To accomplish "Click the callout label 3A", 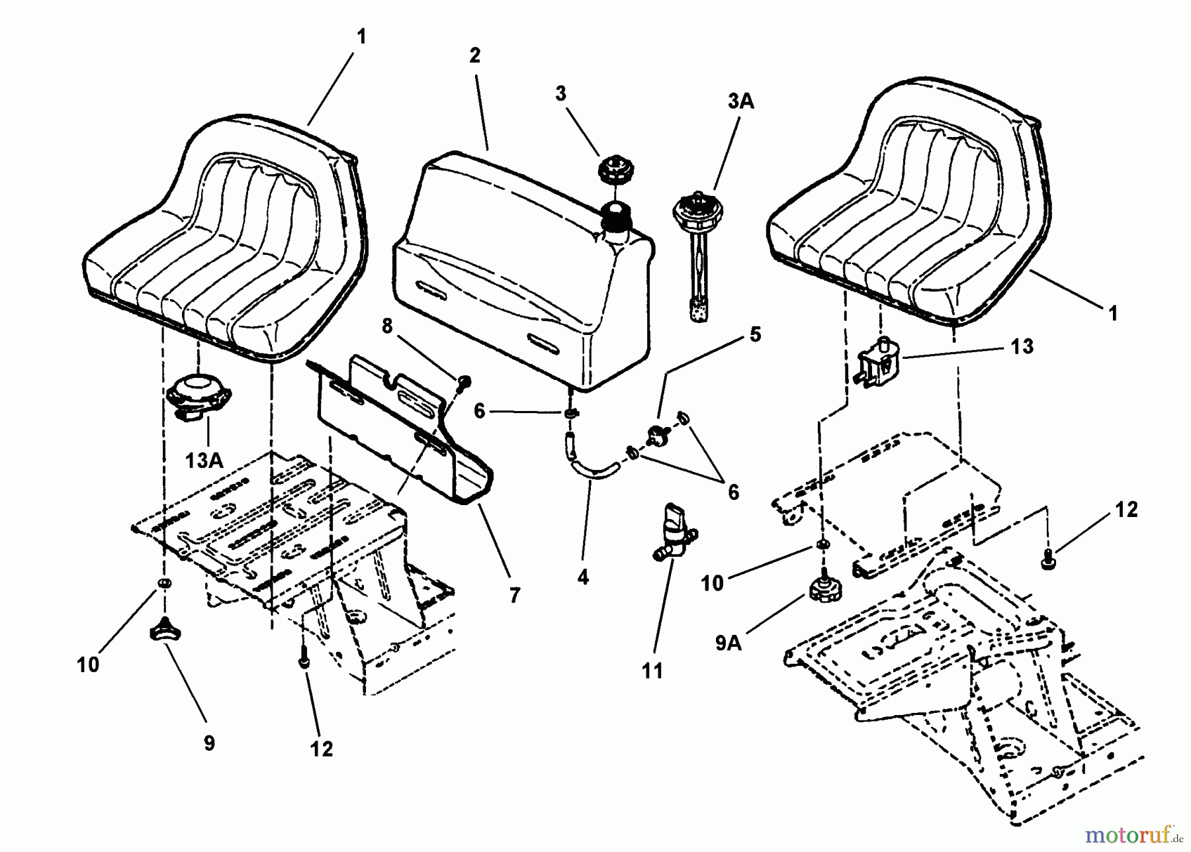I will pos(740,102).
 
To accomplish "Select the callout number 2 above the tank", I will pos(474,56).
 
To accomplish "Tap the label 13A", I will pos(204,459).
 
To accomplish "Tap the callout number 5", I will pos(755,334).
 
